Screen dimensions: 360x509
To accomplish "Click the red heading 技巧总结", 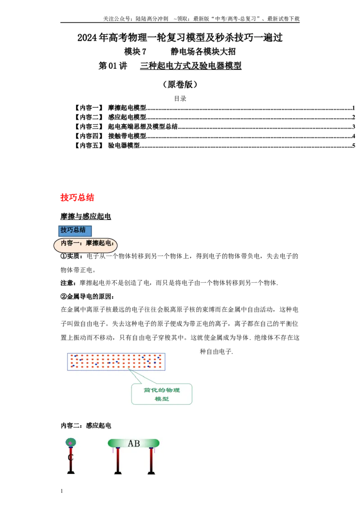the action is (77, 197).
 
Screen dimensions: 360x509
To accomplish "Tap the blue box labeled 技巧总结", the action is (75, 231).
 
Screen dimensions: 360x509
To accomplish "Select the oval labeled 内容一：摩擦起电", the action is (85, 245).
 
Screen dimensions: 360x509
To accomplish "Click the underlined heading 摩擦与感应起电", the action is (86, 216).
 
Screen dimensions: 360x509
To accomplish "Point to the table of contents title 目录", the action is (180, 98).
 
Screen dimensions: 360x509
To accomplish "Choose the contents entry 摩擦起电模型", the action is (127, 108).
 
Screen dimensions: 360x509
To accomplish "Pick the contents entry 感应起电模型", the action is (127, 117).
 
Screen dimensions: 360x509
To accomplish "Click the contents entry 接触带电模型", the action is (127, 136).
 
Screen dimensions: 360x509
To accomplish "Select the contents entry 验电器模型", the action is (124, 145).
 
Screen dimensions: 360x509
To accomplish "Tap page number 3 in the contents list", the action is (354, 127).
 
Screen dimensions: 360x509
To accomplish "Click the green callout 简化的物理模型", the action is (162, 394).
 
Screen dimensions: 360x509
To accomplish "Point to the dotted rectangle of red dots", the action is (116, 362).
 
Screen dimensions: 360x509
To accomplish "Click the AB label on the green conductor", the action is (134, 443).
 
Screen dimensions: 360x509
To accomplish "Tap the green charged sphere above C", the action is (71, 442).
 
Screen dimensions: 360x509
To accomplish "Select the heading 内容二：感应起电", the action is (86, 425).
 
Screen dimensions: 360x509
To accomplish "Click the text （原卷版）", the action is (180, 85).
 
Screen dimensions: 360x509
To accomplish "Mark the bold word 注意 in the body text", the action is (67, 283).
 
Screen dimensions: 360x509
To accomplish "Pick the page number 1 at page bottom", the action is (62, 491).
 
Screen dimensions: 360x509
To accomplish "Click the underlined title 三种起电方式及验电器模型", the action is (191, 66).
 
